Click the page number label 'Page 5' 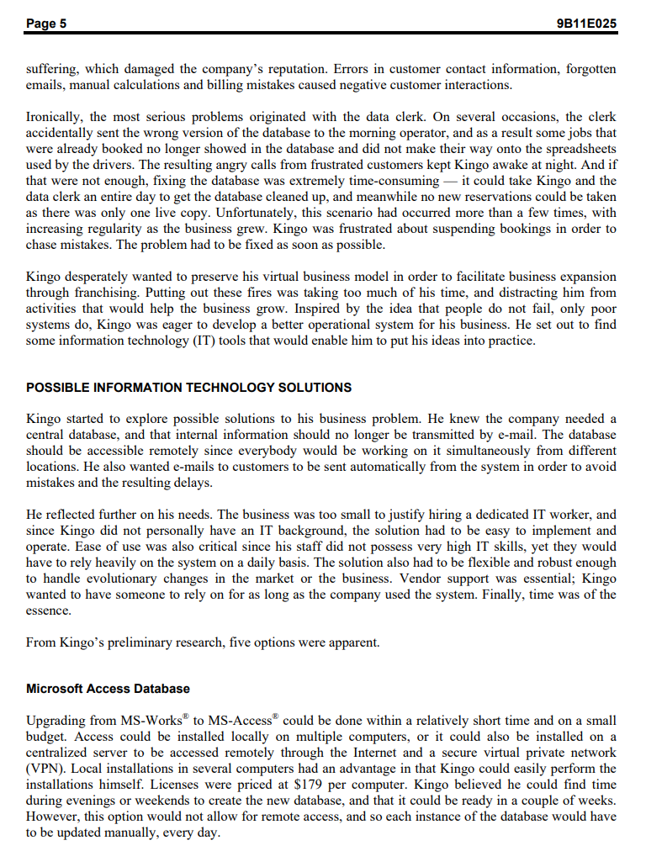(x=46, y=24)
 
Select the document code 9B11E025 (x=587, y=24)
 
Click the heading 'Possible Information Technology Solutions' (x=189, y=388)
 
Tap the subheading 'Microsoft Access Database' (x=108, y=689)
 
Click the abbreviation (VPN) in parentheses (x=44, y=769)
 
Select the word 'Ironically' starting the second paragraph (x=55, y=117)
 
